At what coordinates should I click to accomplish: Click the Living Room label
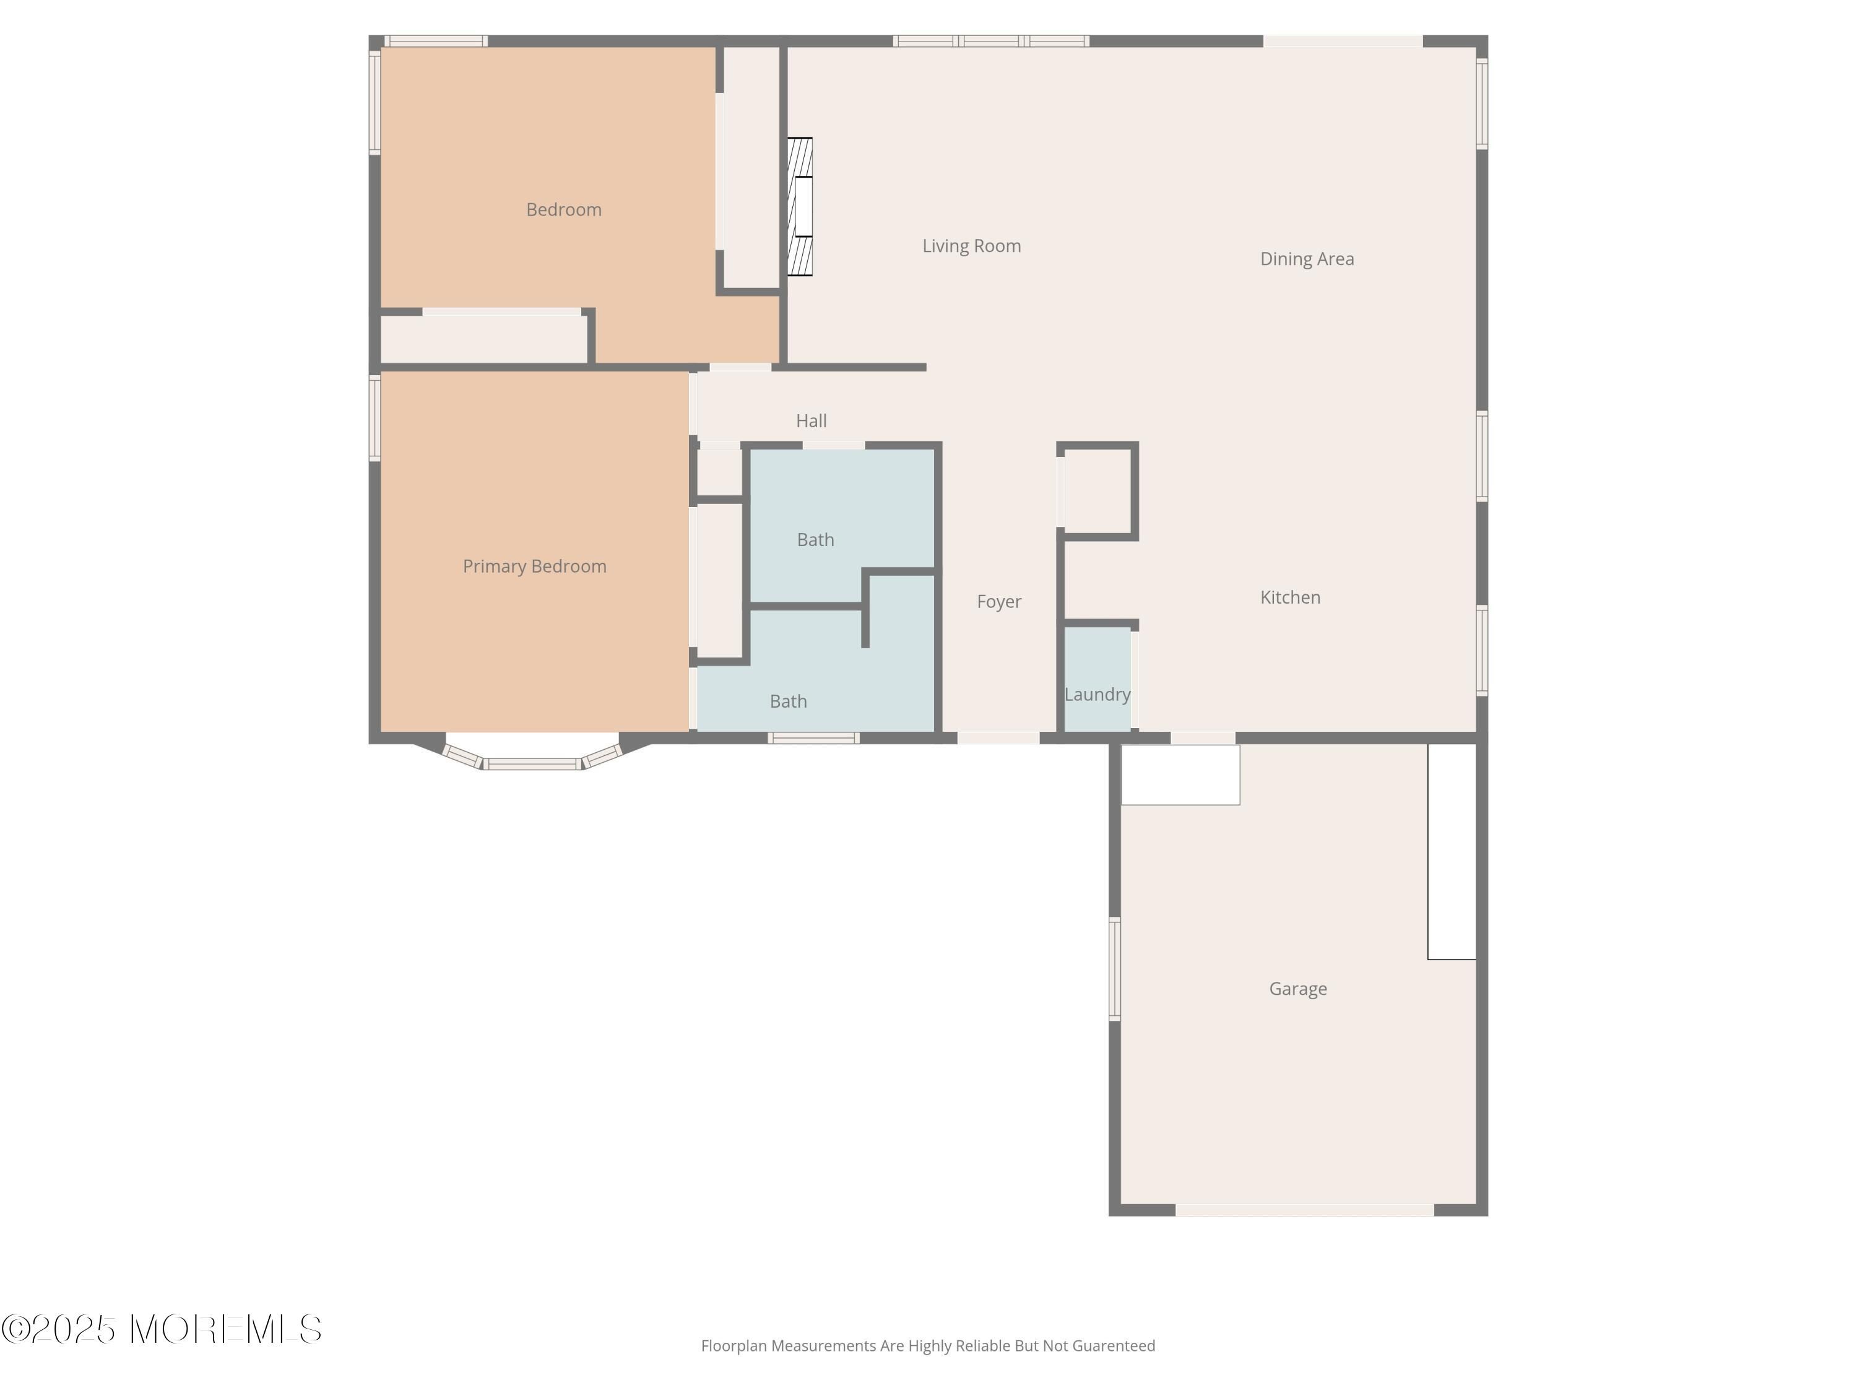[x=971, y=246]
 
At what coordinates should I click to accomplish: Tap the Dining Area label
[x=1307, y=259]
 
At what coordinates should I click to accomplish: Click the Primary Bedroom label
[x=535, y=566]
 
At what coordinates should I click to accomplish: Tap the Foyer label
[x=999, y=602]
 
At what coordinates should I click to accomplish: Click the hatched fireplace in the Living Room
[x=800, y=207]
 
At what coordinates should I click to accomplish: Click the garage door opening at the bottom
[x=1305, y=1210]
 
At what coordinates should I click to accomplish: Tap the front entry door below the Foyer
[x=999, y=738]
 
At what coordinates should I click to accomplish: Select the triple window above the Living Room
[x=992, y=41]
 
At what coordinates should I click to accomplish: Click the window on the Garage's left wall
[x=1115, y=969]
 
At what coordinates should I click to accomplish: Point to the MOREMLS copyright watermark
[x=161, y=1329]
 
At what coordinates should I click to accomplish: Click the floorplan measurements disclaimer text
[x=928, y=1346]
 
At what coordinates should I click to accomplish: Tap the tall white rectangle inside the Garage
[x=1452, y=851]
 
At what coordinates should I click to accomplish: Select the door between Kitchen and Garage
[x=1203, y=738]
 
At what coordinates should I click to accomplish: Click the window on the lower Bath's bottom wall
[x=813, y=738]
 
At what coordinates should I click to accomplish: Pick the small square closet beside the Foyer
[x=1097, y=490]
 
